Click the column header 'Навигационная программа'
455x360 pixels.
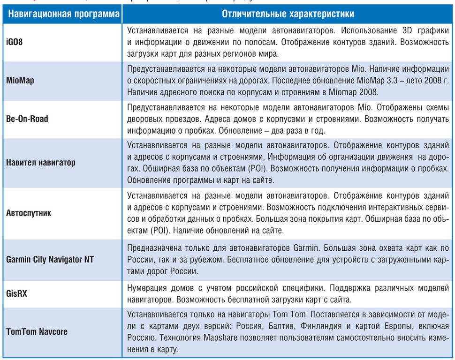coord(63,14)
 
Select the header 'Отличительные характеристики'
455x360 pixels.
coord(288,14)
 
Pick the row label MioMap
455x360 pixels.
coord(20,80)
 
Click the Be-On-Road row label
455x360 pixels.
coord(27,119)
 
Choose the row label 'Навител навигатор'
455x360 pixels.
coord(41,163)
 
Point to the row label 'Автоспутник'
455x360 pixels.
coord(29,213)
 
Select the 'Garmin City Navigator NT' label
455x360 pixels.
coord(50,259)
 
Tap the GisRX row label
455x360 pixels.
coord(17,293)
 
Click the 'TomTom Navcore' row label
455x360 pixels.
coord(37,331)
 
